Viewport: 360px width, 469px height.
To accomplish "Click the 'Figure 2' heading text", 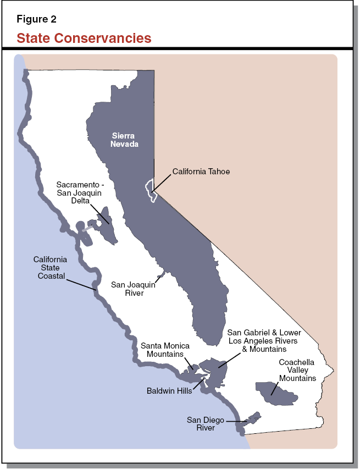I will click(36, 19).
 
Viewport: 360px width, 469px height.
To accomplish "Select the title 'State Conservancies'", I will click(84, 38).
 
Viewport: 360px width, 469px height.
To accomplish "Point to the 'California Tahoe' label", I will click(201, 172).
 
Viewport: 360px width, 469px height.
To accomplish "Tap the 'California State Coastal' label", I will click(51, 268).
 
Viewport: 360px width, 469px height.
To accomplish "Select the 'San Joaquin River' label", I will click(133, 289).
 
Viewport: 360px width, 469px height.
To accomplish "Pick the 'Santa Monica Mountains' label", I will click(165, 350).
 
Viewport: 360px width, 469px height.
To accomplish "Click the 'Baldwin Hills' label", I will click(170, 391).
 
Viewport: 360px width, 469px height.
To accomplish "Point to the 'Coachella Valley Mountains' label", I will click(297, 370).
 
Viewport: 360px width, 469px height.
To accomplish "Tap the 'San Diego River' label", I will click(205, 423).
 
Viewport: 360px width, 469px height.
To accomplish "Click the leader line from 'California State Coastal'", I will click(81, 284).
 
